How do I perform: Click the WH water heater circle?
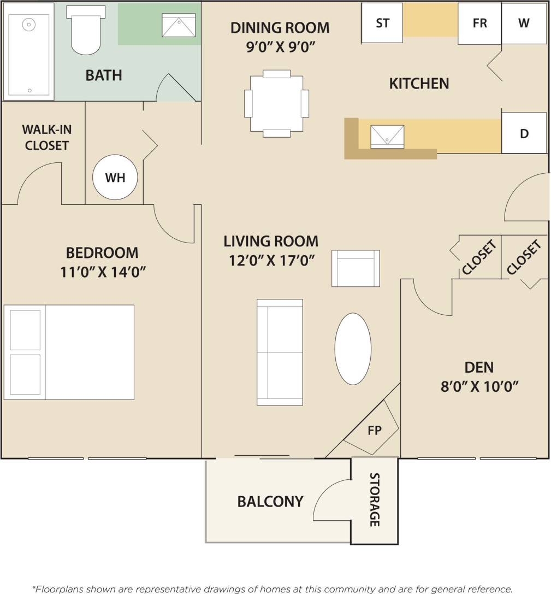click(115, 178)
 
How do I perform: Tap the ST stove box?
click(382, 23)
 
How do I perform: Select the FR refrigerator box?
click(479, 23)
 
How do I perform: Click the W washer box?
click(524, 23)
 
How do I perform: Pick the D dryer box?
click(524, 133)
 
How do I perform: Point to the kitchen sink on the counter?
click(387, 137)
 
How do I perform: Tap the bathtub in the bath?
click(28, 52)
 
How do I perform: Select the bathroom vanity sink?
click(179, 25)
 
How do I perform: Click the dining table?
click(276, 103)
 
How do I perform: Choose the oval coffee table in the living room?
click(352, 349)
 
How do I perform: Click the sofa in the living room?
click(280, 352)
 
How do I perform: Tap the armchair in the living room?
click(356, 268)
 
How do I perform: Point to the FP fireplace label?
click(374, 430)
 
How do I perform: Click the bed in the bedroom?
click(69, 352)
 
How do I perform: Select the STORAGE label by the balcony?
click(375, 499)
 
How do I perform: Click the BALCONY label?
click(270, 501)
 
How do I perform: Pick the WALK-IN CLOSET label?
click(46, 137)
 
